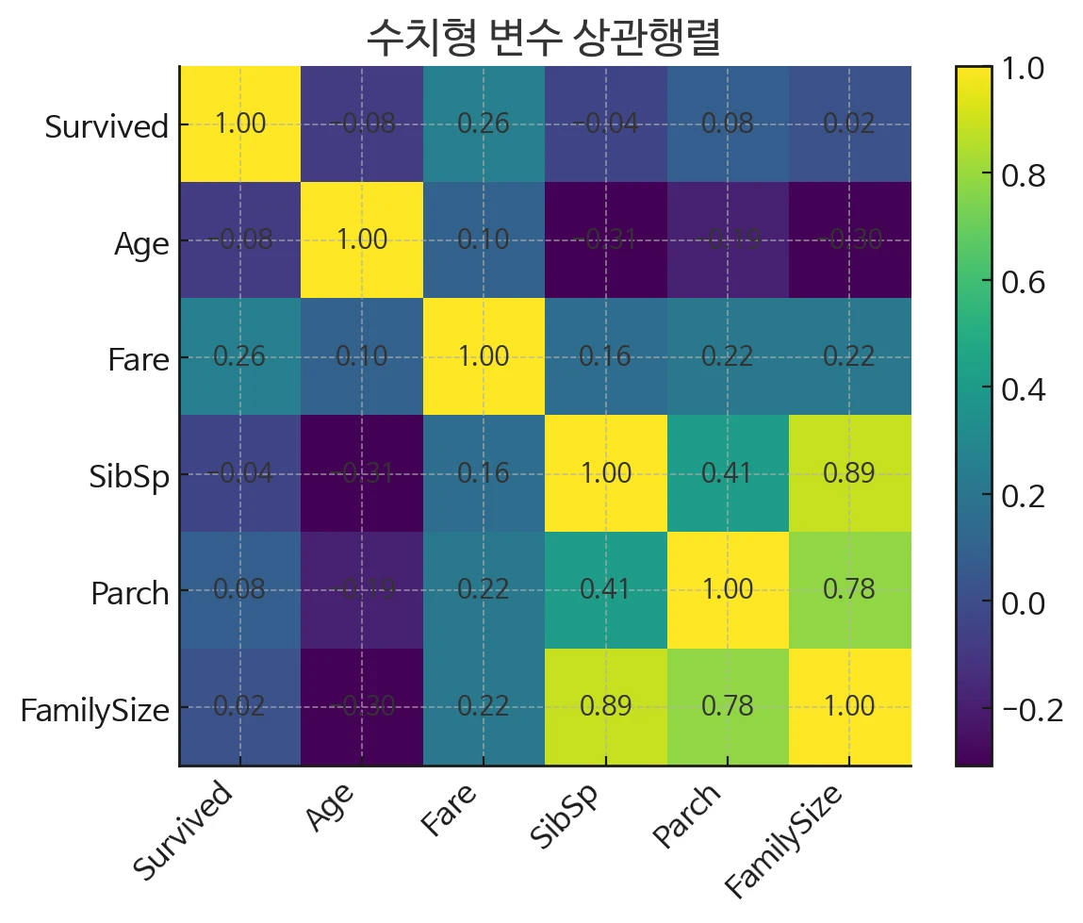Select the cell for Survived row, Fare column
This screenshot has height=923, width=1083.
click(484, 124)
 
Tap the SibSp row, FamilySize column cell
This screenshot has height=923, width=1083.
click(849, 473)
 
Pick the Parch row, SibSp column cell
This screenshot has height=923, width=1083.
click(605, 590)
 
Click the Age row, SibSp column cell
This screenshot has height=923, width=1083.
click(605, 240)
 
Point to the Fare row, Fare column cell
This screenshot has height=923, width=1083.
click(484, 357)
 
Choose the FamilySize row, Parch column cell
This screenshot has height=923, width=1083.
click(728, 707)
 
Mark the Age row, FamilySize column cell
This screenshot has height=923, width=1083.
click(849, 240)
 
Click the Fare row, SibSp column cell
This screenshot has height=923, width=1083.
click(605, 357)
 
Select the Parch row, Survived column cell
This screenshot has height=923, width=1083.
click(239, 590)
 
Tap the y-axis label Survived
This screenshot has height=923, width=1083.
click(107, 126)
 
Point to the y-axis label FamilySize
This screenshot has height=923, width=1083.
click(94, 709)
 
